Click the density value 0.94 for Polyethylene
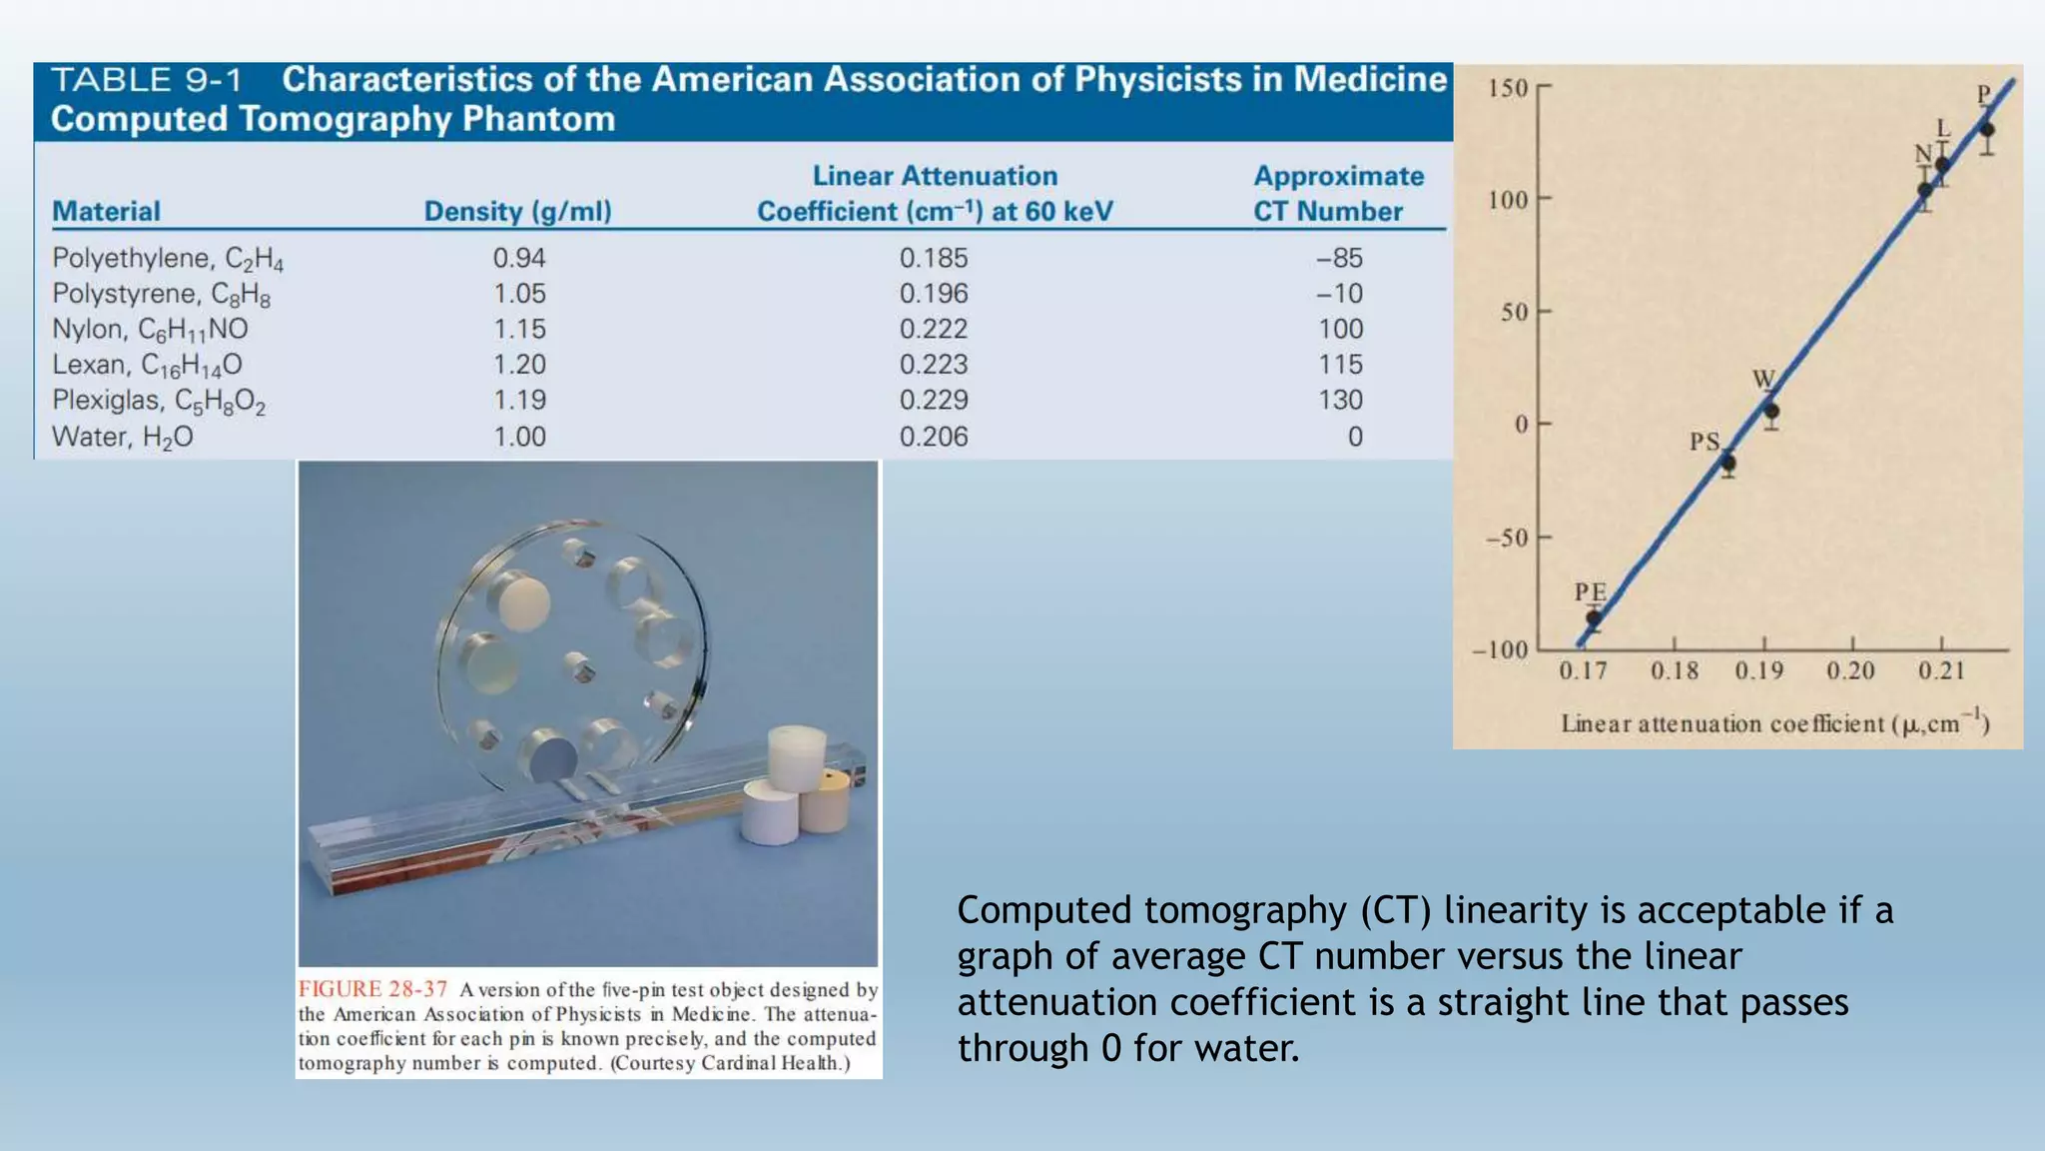click(518, 258)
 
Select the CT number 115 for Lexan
click(1339, 365)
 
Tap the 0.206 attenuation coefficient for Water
click(933, 437)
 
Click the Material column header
click(106, 212)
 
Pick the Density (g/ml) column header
click(517, 212)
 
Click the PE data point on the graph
click(1594, 618)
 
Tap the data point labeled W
click(1770, 411)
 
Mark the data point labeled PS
click(1728, 463)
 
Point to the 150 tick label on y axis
click(1507, 89)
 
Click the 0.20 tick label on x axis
click(1850, 670)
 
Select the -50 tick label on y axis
click(1506, 539)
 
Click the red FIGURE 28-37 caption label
click(372, 989)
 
